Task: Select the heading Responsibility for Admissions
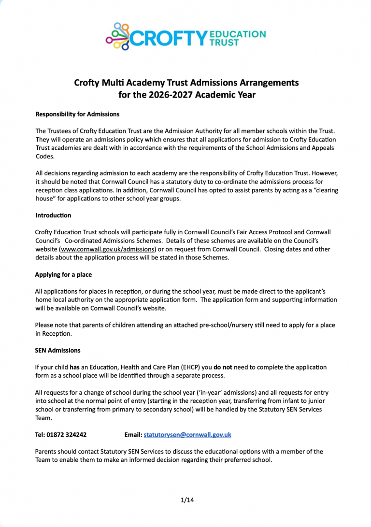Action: tap(77, 114)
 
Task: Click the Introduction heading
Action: tap(53, 215)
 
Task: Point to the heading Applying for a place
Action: tap(63, 275)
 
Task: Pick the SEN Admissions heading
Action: tap(58, 350)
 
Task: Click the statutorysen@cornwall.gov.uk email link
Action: tap(187, 435)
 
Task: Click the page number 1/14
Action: tap(187, 500)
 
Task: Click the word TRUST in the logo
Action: tap(224, 43)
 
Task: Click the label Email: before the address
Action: tap(133, 435)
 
